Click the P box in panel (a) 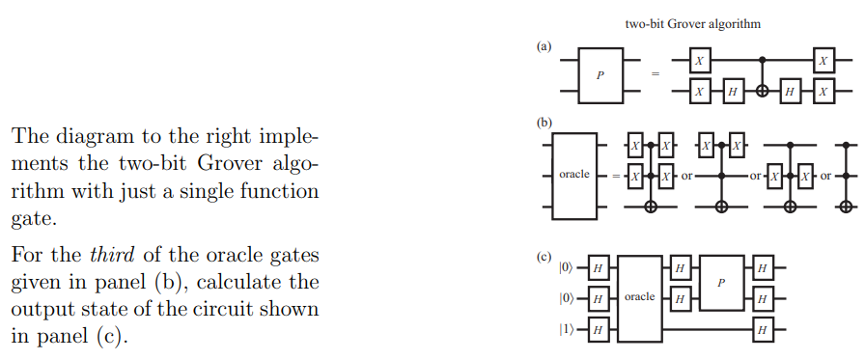(x=601, y=76)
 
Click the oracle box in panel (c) (x=640, y=295)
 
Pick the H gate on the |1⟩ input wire (x=598, y=329)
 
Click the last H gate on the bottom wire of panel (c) (x=763, y=329)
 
